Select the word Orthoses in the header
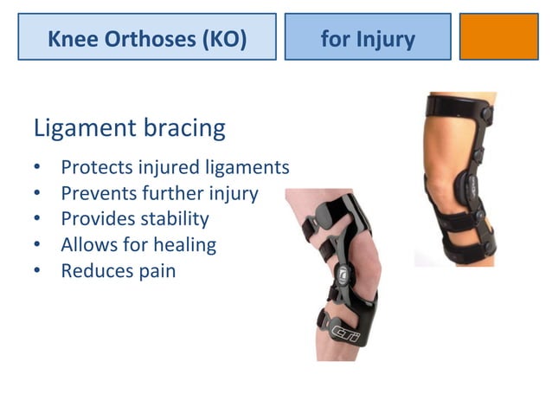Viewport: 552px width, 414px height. click(x=142, y=39)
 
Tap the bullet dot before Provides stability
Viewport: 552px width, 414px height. click(x=37, y=220)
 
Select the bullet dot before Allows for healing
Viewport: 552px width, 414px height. click(x=37, y=246)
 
